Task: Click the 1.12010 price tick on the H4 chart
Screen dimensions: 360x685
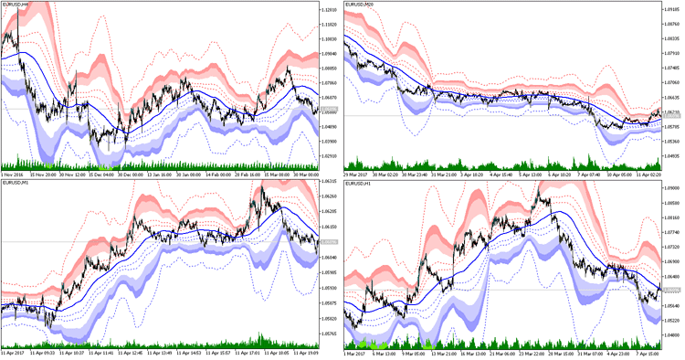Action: (328, 10)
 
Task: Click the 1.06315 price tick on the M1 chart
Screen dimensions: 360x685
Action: (328, 182)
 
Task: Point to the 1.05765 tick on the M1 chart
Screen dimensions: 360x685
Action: (328, 334)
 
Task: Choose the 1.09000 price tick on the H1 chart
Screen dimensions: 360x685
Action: (670, 187)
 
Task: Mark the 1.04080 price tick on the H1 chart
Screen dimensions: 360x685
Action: (670, 335)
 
